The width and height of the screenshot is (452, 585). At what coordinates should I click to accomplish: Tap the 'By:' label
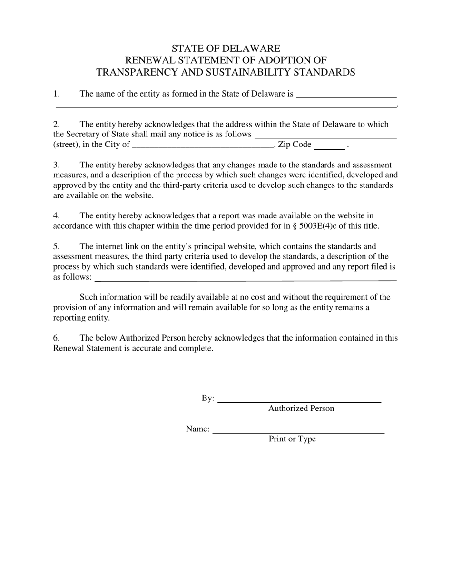click(208, 399)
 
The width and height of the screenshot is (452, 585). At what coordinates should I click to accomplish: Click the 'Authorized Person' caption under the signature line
click(301, 409)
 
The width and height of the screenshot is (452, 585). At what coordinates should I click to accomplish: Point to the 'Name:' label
click(197, 429)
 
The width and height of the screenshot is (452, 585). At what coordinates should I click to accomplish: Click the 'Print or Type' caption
click(292, 439)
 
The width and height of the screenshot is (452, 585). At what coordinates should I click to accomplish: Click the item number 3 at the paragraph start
click(56, 165)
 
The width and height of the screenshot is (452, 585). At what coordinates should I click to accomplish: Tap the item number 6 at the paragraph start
click(56, 338)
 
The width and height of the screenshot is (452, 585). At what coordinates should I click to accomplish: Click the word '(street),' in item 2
click(66, 145)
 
